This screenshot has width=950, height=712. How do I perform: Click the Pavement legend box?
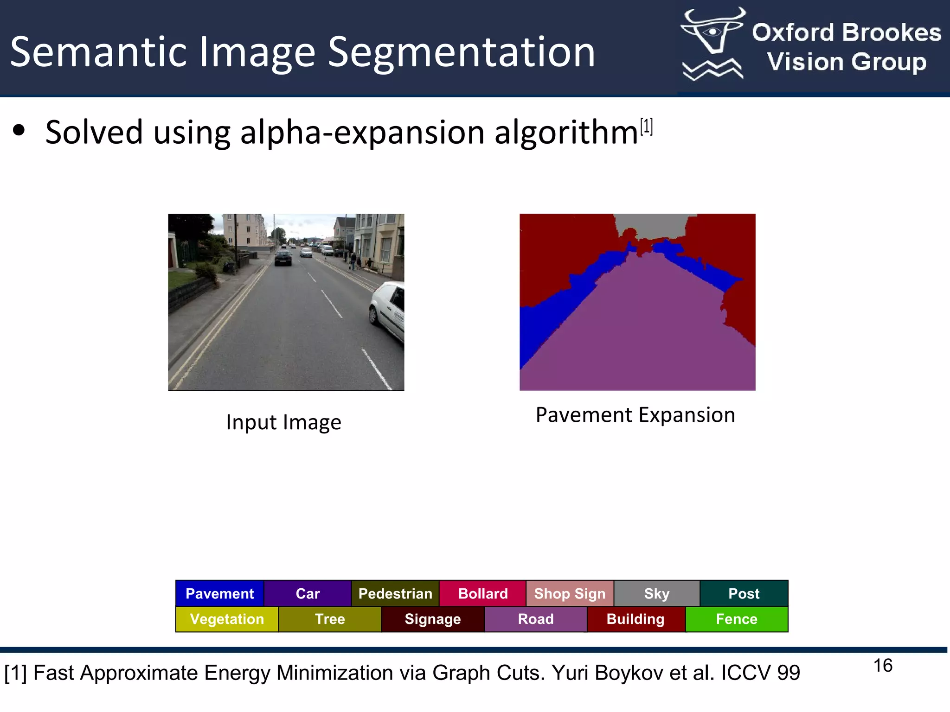[220, 593]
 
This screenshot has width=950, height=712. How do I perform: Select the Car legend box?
[308, 593]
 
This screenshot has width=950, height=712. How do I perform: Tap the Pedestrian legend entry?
[395, 593]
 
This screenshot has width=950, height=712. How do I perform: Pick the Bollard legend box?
[483, 593]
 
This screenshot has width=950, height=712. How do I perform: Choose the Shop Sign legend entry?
[570, 593]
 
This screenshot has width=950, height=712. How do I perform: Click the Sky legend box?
[657, 593]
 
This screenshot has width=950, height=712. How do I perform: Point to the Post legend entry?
[744, 593]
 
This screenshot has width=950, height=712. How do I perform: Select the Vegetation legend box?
[227, 619]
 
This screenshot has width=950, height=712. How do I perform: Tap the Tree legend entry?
[330, 619]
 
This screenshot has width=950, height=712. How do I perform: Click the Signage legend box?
[433, 619]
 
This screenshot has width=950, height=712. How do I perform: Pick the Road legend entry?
[536, 619]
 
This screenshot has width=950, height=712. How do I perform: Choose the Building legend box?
[636, 619]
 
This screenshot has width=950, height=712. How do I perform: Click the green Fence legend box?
[737, 619]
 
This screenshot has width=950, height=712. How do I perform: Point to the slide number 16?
[883, 666]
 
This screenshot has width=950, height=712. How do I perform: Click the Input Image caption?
[283, 422]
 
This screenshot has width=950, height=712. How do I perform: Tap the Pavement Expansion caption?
[635, 415]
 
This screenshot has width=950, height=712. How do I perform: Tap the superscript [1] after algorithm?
[646, 127]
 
